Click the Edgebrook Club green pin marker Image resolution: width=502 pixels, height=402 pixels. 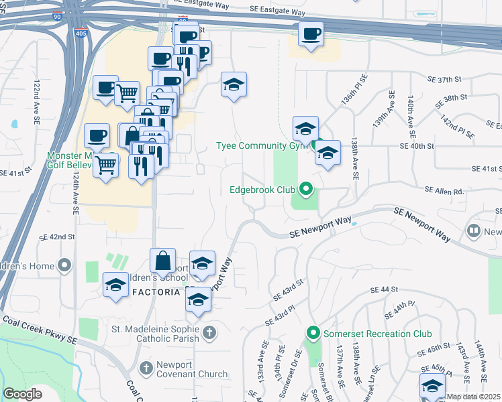pyautogui.click(x=307, y=190)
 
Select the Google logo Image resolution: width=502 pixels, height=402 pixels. pyautogui.click(x=23, y=394)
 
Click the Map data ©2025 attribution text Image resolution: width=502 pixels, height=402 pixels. pyautogui.click(x=473, y=397)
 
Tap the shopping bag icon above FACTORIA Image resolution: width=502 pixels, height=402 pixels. pyautogui.click(x=163, y=260)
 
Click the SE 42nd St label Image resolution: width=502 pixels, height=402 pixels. pyautogui.click(x=56, y=237)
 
